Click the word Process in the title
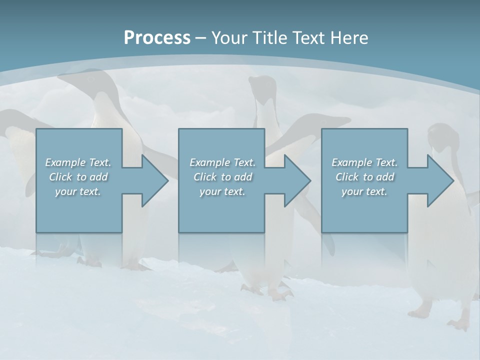pyautogui.click(x=157, y=38)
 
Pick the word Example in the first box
pyautogui.click(x=65, y=162)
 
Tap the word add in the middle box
pyautogui.click(x=243, y=177)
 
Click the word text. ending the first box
pyautogui.click(x=90, y=191)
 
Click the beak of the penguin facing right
pyautogui.click(x=342, y=120)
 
